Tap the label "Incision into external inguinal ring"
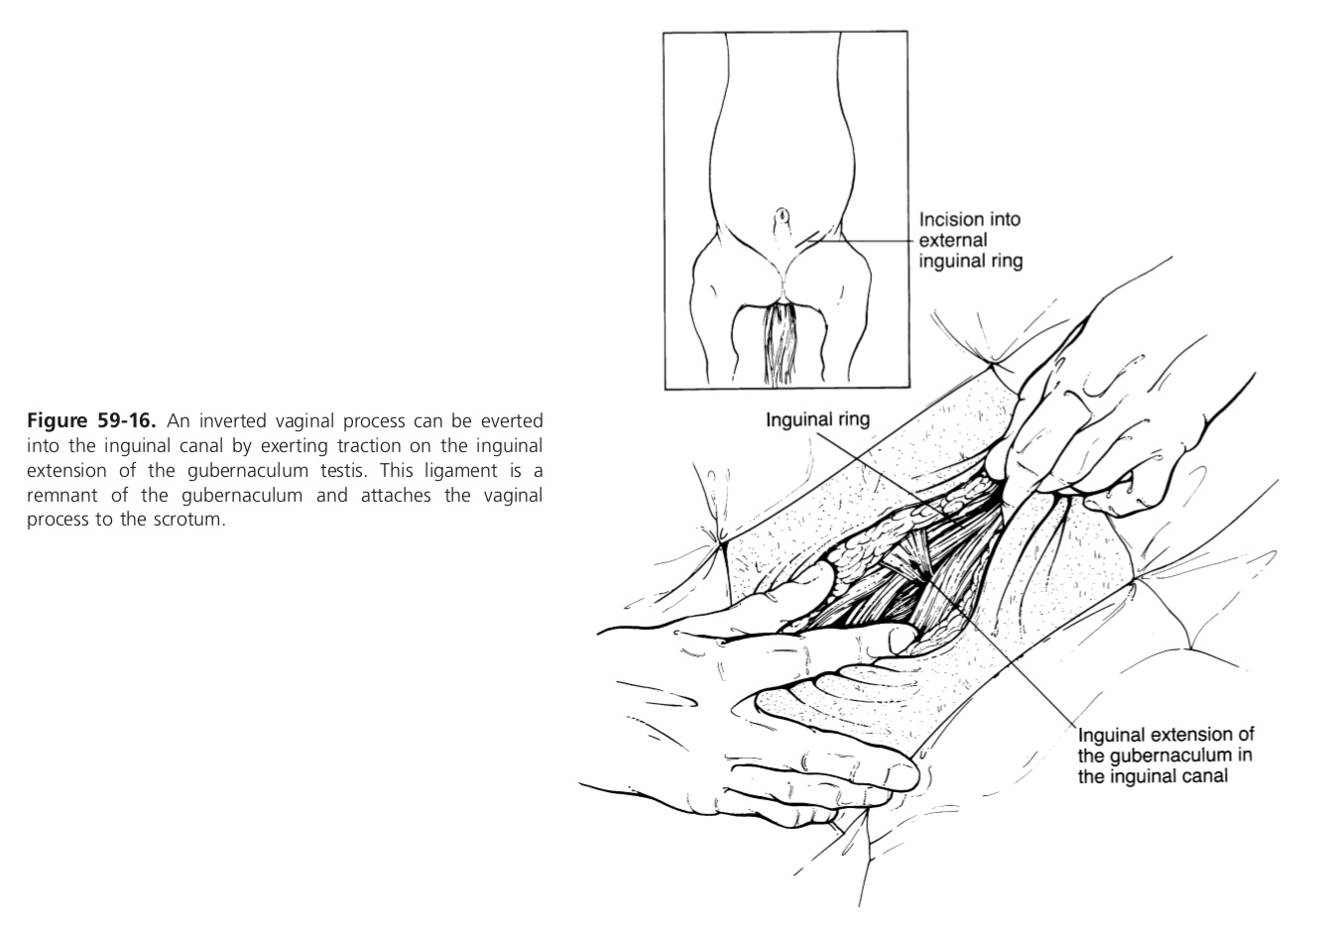969,241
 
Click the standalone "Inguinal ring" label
817,419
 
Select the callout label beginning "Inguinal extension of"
1165,756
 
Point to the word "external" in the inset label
953,241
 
